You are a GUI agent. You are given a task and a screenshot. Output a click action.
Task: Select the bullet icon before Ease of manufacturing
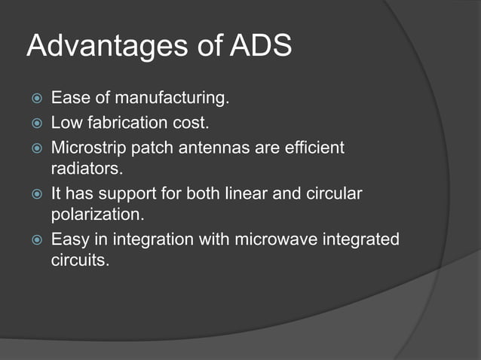pyautogui.click(x=33, y=98)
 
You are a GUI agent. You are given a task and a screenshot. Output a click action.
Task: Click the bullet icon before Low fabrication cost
pyautogui.click(x=33, y=123)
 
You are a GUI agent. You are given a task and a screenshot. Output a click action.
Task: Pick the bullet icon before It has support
pyautogui.click(x=33, y=194)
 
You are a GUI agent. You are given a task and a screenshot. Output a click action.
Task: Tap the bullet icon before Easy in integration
pyautogui.click(x=33, y=240)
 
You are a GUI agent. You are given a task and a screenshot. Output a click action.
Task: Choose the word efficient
pyautogui.click(x=312, y=148)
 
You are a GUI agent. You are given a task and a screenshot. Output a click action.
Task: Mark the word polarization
pyautogui.click(x=97, y=214)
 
